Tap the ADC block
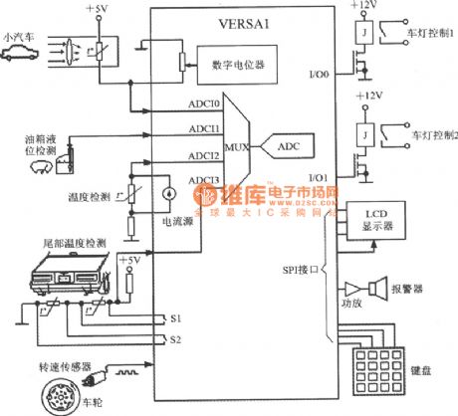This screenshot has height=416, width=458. [288, 146]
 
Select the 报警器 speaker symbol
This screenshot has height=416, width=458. [377, 289]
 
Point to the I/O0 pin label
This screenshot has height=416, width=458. [316, 74]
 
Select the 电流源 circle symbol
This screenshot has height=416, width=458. [169, 192]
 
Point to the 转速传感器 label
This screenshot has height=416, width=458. [35, 362]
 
